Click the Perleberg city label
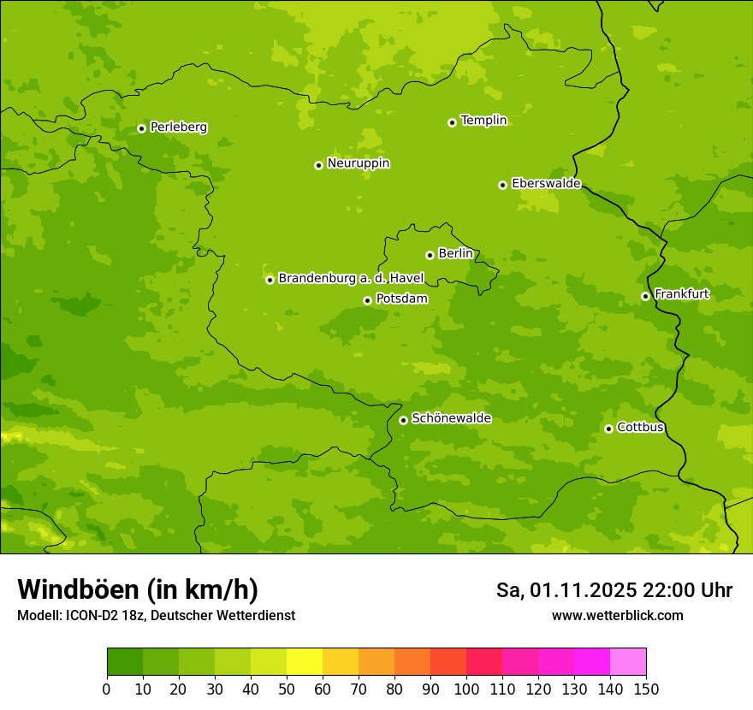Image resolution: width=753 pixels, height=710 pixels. click(178, 127)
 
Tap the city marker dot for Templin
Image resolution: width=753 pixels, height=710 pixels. click(452, 122)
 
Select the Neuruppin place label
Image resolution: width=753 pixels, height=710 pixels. click(358, 163)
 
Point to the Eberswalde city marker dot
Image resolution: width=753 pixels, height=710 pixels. click(502, 185)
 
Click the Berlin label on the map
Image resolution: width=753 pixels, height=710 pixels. click(455, 254)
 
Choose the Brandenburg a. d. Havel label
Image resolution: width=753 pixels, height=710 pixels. click(351, 278)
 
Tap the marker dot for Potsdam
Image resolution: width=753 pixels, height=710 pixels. click(367, 300)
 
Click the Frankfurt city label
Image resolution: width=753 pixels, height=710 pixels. click(681, 294)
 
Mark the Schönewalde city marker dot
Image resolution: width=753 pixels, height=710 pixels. click(403, 420)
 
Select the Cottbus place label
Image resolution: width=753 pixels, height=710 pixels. click(640, 428)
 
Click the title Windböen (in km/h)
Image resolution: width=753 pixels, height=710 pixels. click(138, 589)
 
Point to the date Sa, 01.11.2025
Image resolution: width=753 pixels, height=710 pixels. click(566, 590)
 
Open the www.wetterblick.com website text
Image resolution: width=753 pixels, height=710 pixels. click(617, 615)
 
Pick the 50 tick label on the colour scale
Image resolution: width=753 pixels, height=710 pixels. click(286, 689)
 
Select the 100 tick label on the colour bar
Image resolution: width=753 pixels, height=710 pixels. click(465, 689)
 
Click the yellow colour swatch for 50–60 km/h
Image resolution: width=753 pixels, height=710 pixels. click(304, 661)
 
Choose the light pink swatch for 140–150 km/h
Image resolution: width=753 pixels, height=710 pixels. click(627, 661)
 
